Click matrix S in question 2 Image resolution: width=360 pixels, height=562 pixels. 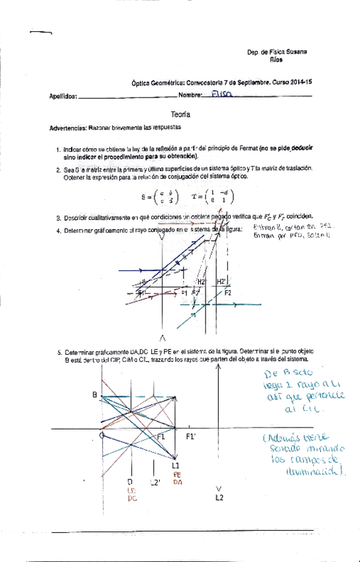click(160, 196)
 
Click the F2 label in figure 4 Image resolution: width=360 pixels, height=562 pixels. click(227, 292)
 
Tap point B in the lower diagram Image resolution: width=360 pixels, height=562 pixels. click(95, 395)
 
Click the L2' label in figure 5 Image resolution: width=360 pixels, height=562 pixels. click(156, 482)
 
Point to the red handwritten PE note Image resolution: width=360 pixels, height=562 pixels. click(177, 475)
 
